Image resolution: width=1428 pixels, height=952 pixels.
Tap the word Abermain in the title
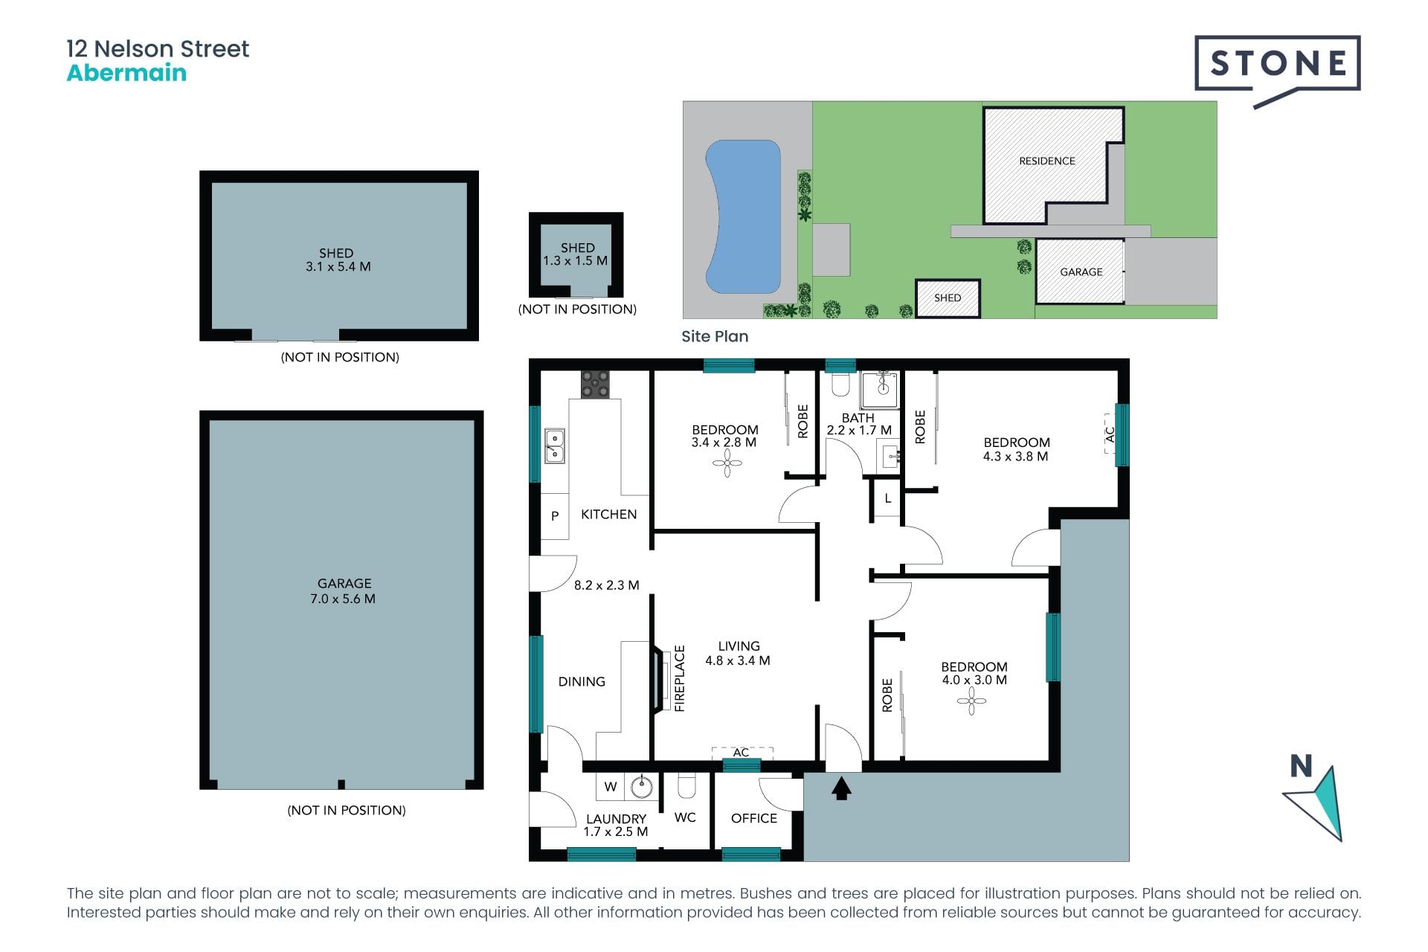click(126, 73)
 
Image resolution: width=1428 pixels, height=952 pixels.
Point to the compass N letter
click(1301, 766)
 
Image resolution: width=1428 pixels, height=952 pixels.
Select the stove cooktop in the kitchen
click(594, 385)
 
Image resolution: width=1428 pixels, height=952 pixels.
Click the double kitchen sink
click(554, 446)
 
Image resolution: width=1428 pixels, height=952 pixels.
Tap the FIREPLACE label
click(679, 678)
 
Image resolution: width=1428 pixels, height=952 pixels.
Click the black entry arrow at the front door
click(841, 788)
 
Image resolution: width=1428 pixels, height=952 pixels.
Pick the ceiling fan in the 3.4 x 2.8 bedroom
click(727, 464)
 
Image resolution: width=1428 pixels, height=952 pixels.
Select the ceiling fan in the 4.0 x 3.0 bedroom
click(971, 701)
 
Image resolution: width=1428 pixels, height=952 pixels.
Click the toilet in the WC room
click(686, 785)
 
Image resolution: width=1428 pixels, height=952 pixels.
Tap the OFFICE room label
click(753, 818)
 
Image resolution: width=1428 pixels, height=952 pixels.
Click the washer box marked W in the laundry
click(611, 786)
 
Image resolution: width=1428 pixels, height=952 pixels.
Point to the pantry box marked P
click(555, 515)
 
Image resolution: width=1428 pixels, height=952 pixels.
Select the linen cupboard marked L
click(887, 499)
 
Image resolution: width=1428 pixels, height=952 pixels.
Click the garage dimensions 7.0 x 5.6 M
click(343, 599)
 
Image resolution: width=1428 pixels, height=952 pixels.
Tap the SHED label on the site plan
click(948, 297)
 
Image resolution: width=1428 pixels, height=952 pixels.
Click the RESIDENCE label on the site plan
click(1046, 161)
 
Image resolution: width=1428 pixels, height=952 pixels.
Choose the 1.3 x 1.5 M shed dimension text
click(575, 261)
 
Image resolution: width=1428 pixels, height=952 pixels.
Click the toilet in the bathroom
click(840, 384)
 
